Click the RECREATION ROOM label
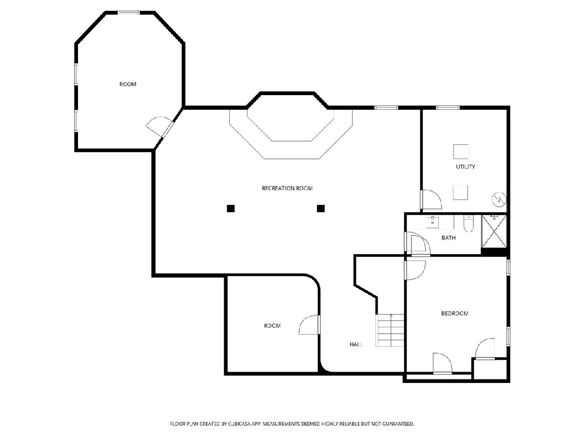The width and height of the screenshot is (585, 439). click(287, 188)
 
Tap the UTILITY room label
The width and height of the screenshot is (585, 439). click(466, 167)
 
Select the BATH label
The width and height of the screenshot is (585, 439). click(448, 238)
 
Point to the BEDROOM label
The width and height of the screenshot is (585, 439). click(455, 314)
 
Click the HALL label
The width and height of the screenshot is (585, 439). click(356, 345)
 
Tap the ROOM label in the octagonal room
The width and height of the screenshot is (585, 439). click(128, 84)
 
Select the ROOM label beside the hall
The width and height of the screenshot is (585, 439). click(272, 326)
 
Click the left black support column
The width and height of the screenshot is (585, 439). click(231, 208)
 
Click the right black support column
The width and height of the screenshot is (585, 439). click(321, 208)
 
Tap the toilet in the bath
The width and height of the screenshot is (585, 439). click(468, 223)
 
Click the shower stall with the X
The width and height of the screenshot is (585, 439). click(494, 231)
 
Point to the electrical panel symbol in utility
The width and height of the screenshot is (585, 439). click(499, 200)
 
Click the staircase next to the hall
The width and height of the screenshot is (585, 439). click(390, 331)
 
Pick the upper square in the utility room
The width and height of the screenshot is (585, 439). click(461, 152)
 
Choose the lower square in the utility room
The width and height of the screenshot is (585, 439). click(460, 193)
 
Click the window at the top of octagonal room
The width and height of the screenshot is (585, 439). click(129, 13)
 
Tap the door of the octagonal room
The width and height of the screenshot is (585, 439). click(160, 127)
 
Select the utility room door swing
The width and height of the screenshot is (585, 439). click(431, 200)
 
